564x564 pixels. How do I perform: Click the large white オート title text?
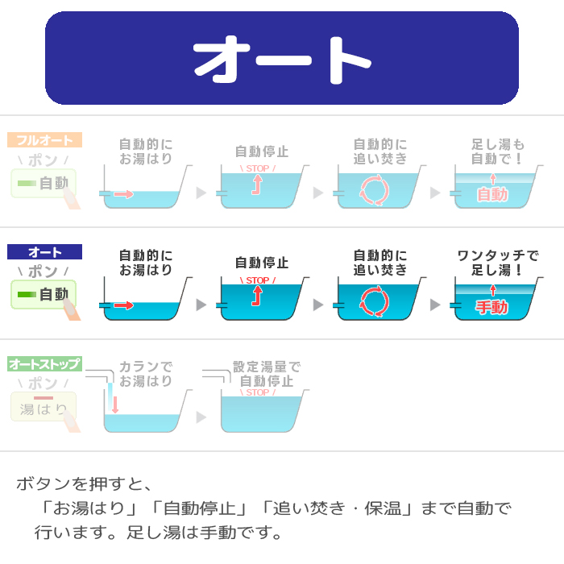tap(282, 60)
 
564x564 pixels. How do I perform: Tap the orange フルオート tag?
tap(44, 140)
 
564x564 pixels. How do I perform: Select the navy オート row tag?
tap(44, 251)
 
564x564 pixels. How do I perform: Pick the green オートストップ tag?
tap(44, 363)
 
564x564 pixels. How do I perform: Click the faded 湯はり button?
tap(44, 406)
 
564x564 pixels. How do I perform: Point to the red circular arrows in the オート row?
tap(375, 301)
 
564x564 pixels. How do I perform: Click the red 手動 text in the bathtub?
tap(492, 307)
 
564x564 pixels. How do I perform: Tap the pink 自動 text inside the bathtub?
tap(492, 195)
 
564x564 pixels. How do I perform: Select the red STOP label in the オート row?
tap(258, 280)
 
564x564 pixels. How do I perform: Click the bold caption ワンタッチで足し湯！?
tap(498, 263)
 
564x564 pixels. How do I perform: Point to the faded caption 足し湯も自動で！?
tap(498, 151)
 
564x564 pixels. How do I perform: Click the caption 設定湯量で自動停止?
tap(267, 374)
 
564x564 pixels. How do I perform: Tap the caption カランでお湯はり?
tap(146, 374)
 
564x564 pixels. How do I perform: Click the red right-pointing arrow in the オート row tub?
tap(124, 305)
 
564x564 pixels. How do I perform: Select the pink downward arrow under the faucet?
tap(115, 404)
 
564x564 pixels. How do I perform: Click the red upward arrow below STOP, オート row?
tap(257, 296)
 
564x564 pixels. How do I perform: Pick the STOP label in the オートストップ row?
tap(258, 392)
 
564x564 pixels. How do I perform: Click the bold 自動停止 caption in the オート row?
tap(262, 263)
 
